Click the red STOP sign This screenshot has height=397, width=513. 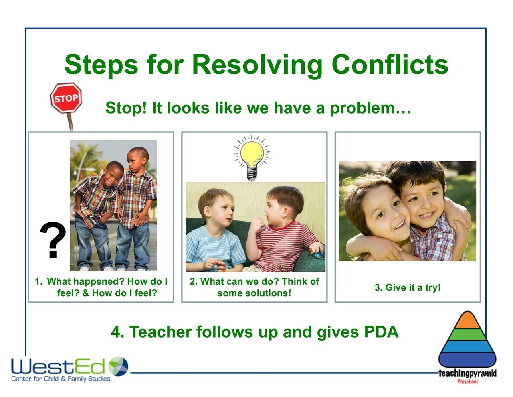point(66,98)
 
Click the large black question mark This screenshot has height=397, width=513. point(53,240)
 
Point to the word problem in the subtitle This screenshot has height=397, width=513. point(362,109)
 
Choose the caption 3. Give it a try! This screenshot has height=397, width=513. point(408,287)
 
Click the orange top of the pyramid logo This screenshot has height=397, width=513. point(467,321)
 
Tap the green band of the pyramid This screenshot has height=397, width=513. point(467,334)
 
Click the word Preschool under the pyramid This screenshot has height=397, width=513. point(467,381)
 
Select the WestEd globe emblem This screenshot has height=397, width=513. point(118,366)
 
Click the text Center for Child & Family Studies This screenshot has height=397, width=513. point(61,379)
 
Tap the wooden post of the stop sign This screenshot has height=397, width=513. point(70,122)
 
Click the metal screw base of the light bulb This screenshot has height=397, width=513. point(252,174)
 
